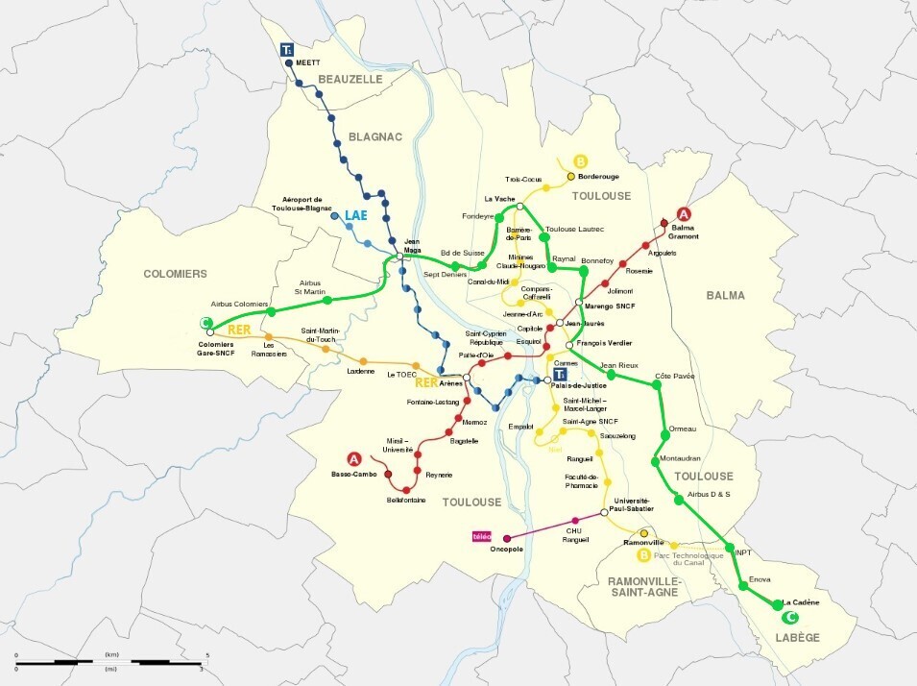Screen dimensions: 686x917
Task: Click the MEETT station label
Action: click(307, 62)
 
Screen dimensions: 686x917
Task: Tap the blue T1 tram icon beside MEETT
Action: click(286, 48)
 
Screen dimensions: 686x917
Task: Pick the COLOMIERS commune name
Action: click(175, 274)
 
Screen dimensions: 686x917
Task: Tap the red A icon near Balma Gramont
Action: click(684, 214)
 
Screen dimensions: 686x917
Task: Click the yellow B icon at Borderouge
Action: click(579, 161)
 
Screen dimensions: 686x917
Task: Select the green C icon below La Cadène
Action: click(791, 618)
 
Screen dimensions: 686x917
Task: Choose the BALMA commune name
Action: click(725, 295)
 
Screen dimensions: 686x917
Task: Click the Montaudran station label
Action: click(680, 459)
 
